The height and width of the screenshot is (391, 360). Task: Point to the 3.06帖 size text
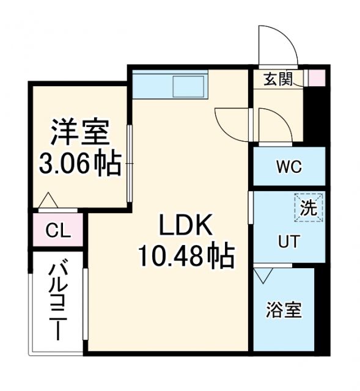coord(79,163)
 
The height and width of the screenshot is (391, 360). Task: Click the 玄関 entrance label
coord(278,79)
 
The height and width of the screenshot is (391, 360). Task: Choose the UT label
coord(288,242)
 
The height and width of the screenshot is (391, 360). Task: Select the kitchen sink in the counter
coord(189,86)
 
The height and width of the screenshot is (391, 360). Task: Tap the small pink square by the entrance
coord(317,78)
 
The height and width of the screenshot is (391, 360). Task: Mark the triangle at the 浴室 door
coord(263,277)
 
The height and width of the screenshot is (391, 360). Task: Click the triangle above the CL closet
coord(48,200)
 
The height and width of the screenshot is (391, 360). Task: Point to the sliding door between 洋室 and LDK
coord(130,164)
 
